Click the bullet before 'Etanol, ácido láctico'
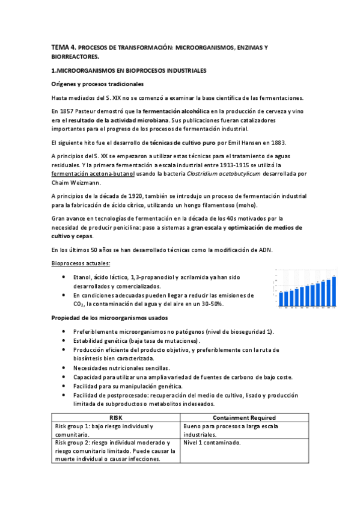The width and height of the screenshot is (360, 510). pyautogui.click(x=64, y=277)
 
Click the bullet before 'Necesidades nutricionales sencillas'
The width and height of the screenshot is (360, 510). pyautogui.click(x=64, y=368)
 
